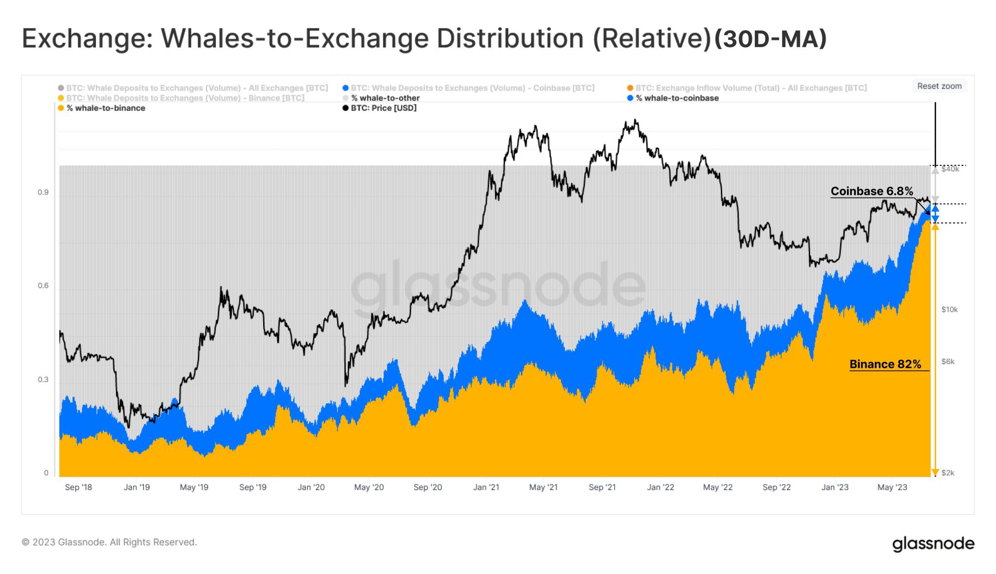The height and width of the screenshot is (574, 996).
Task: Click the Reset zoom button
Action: click(939, 86)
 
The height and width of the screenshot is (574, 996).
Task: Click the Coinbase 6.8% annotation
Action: click(871, 191)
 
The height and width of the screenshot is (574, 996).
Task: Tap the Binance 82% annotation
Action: click(885, 364)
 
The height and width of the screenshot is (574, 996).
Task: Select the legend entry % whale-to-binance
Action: click(106, 108)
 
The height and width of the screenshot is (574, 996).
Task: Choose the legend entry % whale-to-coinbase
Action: click(676, 98)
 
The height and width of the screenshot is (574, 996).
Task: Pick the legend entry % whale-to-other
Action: click(385, 98)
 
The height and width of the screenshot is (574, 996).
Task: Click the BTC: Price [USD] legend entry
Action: click(383, 108)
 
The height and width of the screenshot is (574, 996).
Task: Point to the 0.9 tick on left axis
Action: click(43, 193)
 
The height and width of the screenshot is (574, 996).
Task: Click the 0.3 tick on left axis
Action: click(43, 379)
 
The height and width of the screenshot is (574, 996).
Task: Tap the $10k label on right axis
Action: click(949, 309)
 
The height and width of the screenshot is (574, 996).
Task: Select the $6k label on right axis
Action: click(948, 361)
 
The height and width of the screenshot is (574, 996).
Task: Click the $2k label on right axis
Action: click(948, 473)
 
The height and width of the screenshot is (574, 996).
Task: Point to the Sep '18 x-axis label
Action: click(78, 487)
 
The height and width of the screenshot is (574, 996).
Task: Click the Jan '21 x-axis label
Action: click(486, 487)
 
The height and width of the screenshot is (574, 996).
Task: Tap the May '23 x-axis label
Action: click(892, 487)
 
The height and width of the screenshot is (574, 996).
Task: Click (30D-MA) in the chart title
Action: click(770, 39)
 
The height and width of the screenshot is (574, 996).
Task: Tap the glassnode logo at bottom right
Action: click(933, 544)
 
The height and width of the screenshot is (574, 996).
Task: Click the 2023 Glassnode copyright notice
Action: click(109, 542)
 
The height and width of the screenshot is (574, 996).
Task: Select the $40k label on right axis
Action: click(950, 169)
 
